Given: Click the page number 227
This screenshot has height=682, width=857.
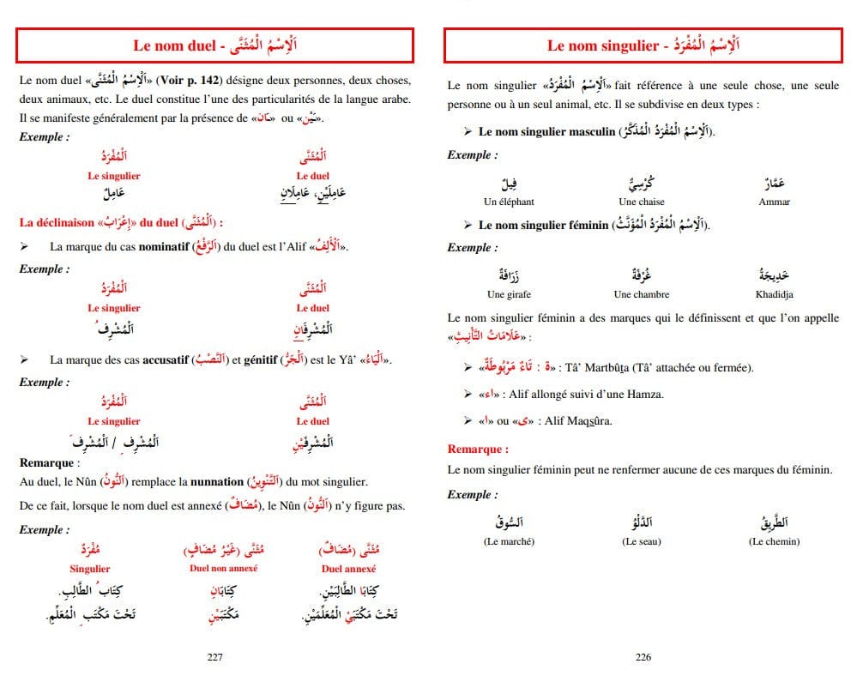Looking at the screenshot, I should pos(215,657).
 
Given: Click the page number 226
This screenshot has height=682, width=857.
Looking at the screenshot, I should pos(643,657).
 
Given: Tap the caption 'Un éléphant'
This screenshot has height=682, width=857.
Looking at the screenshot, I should pos(509,202).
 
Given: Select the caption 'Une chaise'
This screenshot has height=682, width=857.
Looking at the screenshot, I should pos(639,202).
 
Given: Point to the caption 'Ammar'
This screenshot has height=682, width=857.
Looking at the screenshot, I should pos(774,202).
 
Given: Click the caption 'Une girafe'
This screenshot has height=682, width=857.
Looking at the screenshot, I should pos(509,294).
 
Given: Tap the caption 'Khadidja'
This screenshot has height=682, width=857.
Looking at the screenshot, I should pos(774,294).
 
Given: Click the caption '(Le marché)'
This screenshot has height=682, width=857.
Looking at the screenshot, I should pos(509,541).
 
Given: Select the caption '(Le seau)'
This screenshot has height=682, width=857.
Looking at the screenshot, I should pos(642,541).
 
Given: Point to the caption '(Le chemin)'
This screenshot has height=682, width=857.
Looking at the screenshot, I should pos(774,541).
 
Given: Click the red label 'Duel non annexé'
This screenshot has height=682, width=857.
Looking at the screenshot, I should pos(223,568).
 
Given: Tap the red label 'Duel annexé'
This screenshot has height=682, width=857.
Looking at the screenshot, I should pos(349,568).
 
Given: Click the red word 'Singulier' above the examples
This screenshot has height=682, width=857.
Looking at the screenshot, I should pos(90,569).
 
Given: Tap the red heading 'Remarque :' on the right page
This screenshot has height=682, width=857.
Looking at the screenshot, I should pos(478,449).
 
